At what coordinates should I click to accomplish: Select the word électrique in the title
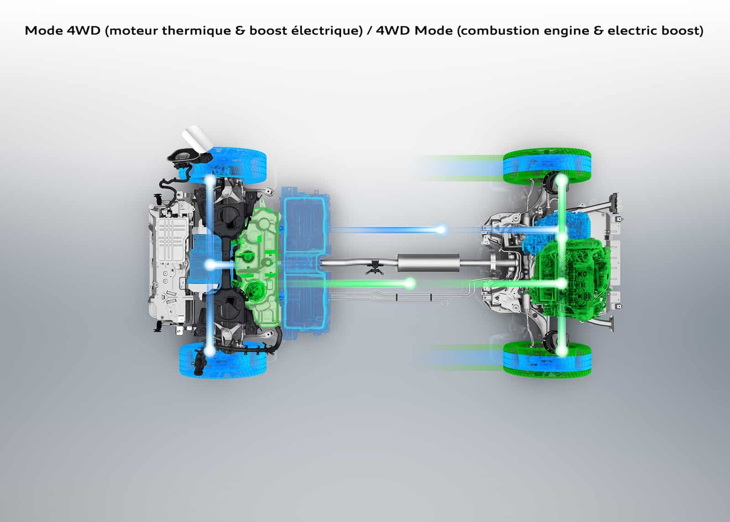point(327,31)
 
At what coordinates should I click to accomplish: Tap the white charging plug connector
point(197,139)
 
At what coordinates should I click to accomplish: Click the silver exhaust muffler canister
point(428,263)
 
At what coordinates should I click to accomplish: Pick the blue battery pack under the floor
point(306,263)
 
